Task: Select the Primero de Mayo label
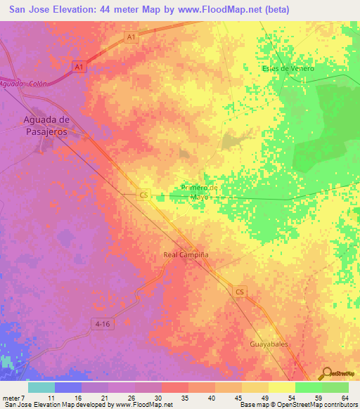point(200,193)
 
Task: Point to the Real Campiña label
point(186,255)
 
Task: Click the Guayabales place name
point(269,344)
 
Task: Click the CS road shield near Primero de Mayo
point(144,195)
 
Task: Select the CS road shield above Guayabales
point(240,291)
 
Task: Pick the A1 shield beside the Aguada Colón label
point(79,67)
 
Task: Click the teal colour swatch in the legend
point(41,387)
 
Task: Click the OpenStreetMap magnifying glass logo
point(326,373)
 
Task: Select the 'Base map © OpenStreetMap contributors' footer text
point(297,405)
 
